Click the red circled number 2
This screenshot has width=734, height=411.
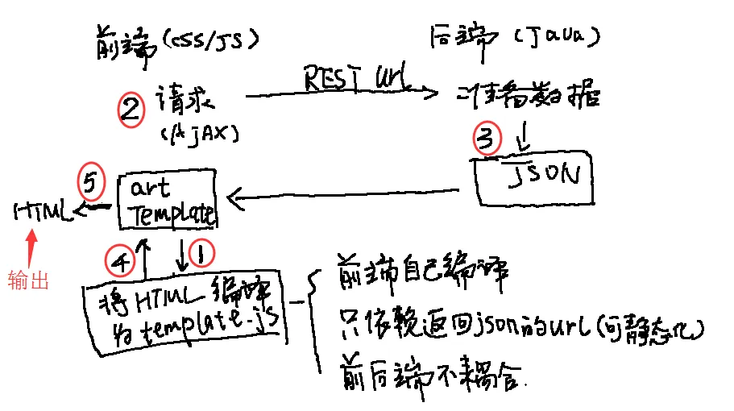pyautogui.click(x=130, y=111)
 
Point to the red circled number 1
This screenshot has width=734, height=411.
pyautogui.click(x=199, y=257)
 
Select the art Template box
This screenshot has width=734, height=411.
pyautogui.click(x=167, y=200)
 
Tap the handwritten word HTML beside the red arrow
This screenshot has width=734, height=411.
pyautogui.click(x=40, y=213)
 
